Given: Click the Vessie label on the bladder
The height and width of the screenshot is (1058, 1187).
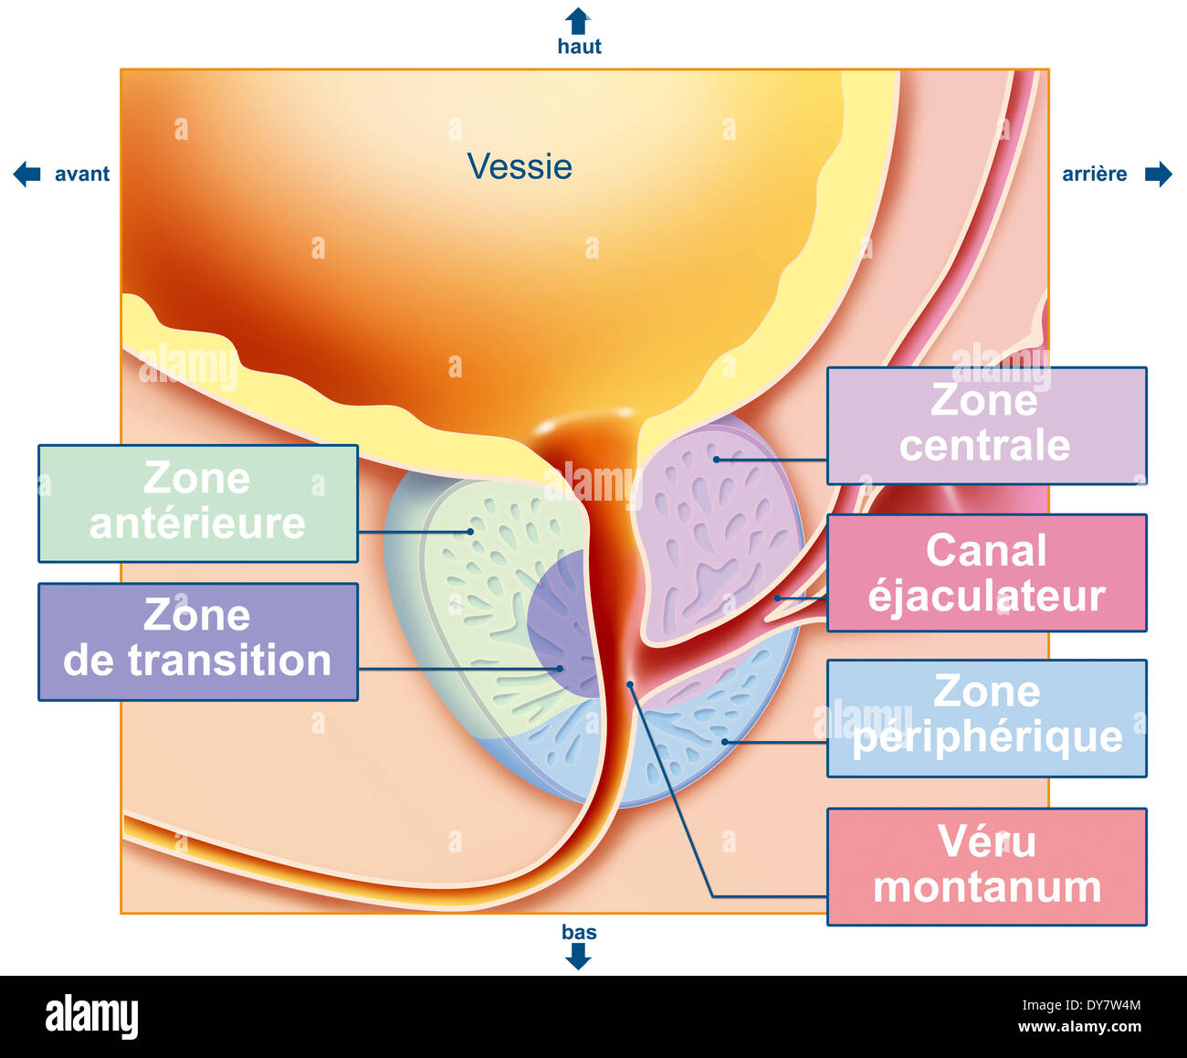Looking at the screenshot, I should pos(520,166).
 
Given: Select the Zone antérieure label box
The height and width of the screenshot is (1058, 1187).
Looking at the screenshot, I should pos(197,503).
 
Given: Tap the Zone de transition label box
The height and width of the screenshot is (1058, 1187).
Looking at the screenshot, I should pos(197,641).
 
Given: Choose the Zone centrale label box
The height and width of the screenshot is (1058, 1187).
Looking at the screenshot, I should pos(986,426).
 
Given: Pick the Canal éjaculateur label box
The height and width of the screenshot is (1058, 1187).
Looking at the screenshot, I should pos(986,573).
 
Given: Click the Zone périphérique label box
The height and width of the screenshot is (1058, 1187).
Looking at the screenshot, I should pos(986,718).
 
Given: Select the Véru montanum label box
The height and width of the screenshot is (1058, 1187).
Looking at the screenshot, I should pos(986,866).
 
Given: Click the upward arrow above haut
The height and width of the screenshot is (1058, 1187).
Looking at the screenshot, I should pos(578,20).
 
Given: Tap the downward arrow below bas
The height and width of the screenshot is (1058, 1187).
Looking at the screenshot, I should pos(578,956).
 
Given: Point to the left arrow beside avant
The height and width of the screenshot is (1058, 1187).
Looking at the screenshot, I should pos(27,174).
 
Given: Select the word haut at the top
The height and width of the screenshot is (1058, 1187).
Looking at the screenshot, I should pos(579,47).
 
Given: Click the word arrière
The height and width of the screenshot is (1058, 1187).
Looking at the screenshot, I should pos(1094,174).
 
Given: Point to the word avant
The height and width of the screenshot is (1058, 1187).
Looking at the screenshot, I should pos(82,174).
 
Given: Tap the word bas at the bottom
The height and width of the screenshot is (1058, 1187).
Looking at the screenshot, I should pos(579,932).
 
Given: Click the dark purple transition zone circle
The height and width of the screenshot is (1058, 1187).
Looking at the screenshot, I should pos(557,621).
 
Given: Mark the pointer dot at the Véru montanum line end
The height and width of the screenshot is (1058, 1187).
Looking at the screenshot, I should pos(629,683).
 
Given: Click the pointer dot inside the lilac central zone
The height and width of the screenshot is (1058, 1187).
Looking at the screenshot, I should pos(717,459).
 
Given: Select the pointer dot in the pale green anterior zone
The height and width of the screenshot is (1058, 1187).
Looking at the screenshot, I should pos(470,531).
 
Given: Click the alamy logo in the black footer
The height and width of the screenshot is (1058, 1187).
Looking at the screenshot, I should pos(91,1017).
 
